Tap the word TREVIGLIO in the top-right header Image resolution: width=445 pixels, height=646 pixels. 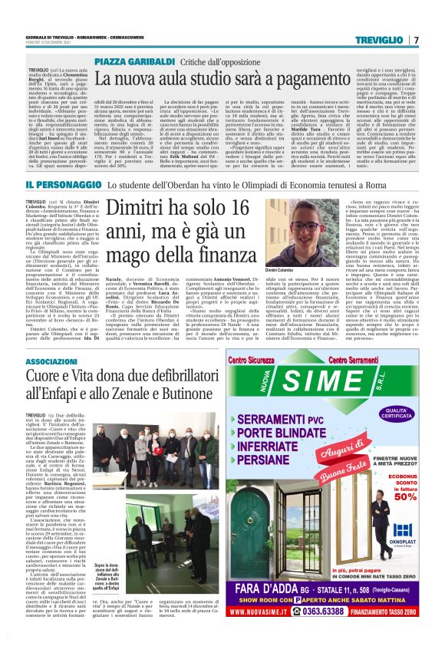pos(387,39)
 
